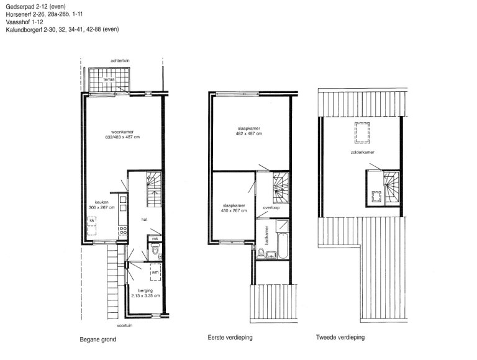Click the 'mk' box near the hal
[155, 238]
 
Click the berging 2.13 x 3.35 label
[145, 294]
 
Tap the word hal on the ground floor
[143, 219]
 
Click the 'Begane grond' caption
[98, 340]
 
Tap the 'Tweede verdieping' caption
[340, 338]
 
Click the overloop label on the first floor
[271, 208]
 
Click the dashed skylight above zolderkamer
[360, 132]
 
